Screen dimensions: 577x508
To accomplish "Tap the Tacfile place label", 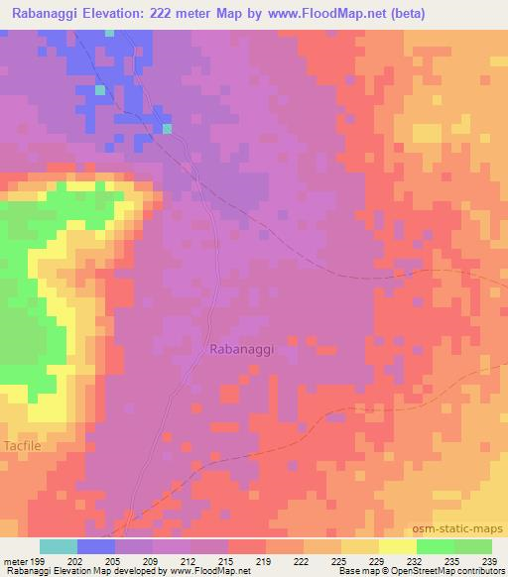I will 23,445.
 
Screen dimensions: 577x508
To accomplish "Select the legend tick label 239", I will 488,561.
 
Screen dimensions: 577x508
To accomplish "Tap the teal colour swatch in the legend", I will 59,546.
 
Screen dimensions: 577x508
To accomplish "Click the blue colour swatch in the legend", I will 96,546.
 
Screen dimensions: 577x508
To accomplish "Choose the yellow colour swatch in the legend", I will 397,546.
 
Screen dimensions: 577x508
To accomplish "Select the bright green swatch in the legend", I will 435,546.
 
